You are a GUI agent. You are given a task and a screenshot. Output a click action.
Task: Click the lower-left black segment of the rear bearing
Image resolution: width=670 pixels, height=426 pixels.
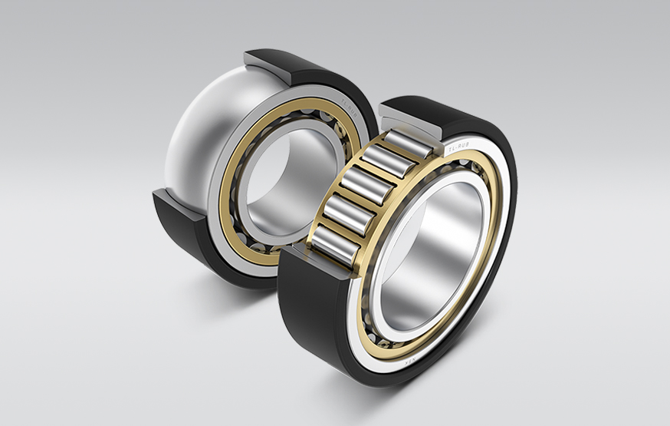point(184,230)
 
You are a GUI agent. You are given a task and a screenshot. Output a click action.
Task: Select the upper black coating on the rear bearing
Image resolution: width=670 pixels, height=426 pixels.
point(322,73)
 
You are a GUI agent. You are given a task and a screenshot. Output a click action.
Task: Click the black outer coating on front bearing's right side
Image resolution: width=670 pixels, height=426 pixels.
point(502,253)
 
